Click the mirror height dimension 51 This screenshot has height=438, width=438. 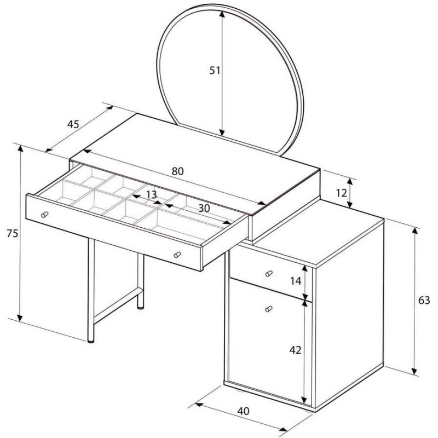(215, 71)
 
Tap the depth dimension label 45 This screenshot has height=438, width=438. (73, 124)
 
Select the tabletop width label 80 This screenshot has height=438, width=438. (177, 171)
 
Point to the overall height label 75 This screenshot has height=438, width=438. (12, 233)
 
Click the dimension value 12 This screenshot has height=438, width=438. (341, 193)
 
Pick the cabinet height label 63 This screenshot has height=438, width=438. (424, 300)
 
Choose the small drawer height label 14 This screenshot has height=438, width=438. (296, 281)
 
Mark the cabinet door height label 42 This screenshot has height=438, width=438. (295, 350)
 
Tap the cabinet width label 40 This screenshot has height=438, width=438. (243, 411)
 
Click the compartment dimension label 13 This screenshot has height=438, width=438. (152, 195)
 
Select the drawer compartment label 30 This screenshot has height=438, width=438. (204, 208)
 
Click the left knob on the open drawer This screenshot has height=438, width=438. (44, 215)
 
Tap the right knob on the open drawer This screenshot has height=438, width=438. (177, 255)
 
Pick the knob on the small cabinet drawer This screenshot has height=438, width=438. (269, 273)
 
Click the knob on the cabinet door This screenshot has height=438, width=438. (268, 309)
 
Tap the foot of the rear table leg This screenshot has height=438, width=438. (141, 308)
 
